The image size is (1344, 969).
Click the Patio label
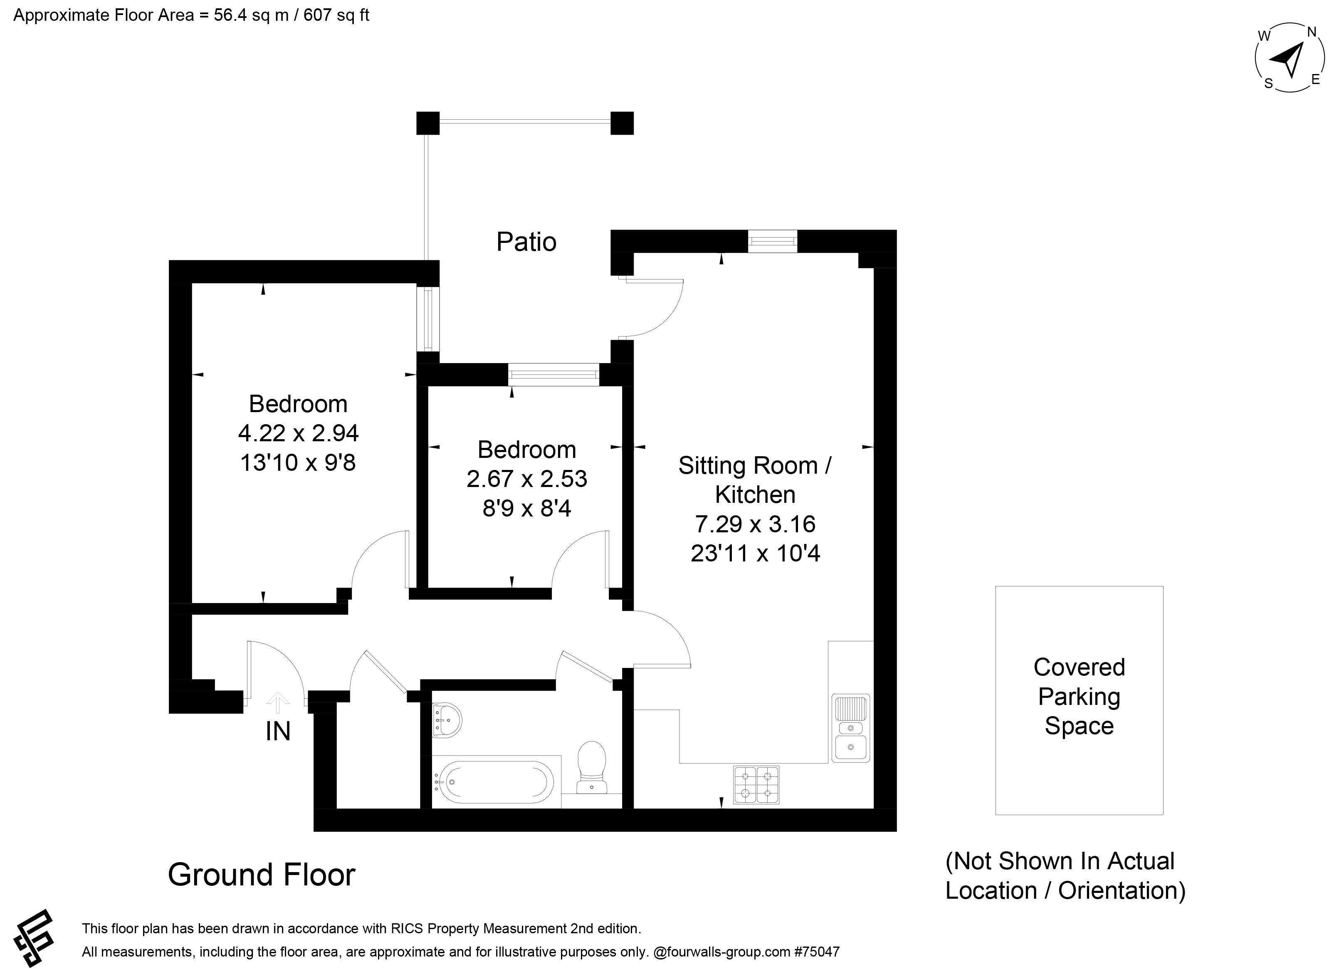click(526, 242)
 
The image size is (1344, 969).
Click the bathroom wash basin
click(447, 720)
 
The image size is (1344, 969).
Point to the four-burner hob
click(756, 785)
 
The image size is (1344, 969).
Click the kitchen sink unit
click(850, 728)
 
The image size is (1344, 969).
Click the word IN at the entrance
click(278, 732)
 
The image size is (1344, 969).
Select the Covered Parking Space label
click(1079, 696)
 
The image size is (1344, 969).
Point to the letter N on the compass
click(1312, 32)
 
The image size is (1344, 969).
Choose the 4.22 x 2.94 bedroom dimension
click(298, 433)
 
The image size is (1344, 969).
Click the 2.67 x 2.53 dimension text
click(527, 479)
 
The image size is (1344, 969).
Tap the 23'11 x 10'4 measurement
click(756, 554)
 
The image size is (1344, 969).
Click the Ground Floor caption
click(261, 875)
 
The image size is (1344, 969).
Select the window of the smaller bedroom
click(553, 375)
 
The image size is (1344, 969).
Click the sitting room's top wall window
click(772, 241)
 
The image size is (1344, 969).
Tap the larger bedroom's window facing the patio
click(428, 319)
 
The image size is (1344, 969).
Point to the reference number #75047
click(817, 952)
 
